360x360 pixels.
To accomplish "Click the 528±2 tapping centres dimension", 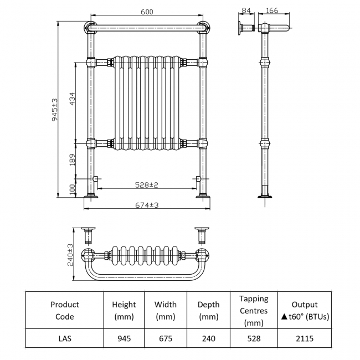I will [147, 184].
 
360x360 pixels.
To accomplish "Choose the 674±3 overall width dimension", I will [147, 205].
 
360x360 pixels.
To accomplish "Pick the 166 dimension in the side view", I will [272, 11].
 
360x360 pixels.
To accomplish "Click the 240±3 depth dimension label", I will [70, 255].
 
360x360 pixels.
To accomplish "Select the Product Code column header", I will [64, 310].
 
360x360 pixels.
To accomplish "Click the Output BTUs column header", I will [304, 310].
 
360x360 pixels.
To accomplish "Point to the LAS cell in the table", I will [64, 338].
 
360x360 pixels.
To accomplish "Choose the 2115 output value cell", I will [304, 338].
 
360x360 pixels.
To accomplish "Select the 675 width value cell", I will [165, 338].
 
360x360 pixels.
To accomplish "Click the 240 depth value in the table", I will [208, 338].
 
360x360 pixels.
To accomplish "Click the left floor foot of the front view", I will [90, 196].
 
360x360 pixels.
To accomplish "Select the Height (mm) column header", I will [124, 310].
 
